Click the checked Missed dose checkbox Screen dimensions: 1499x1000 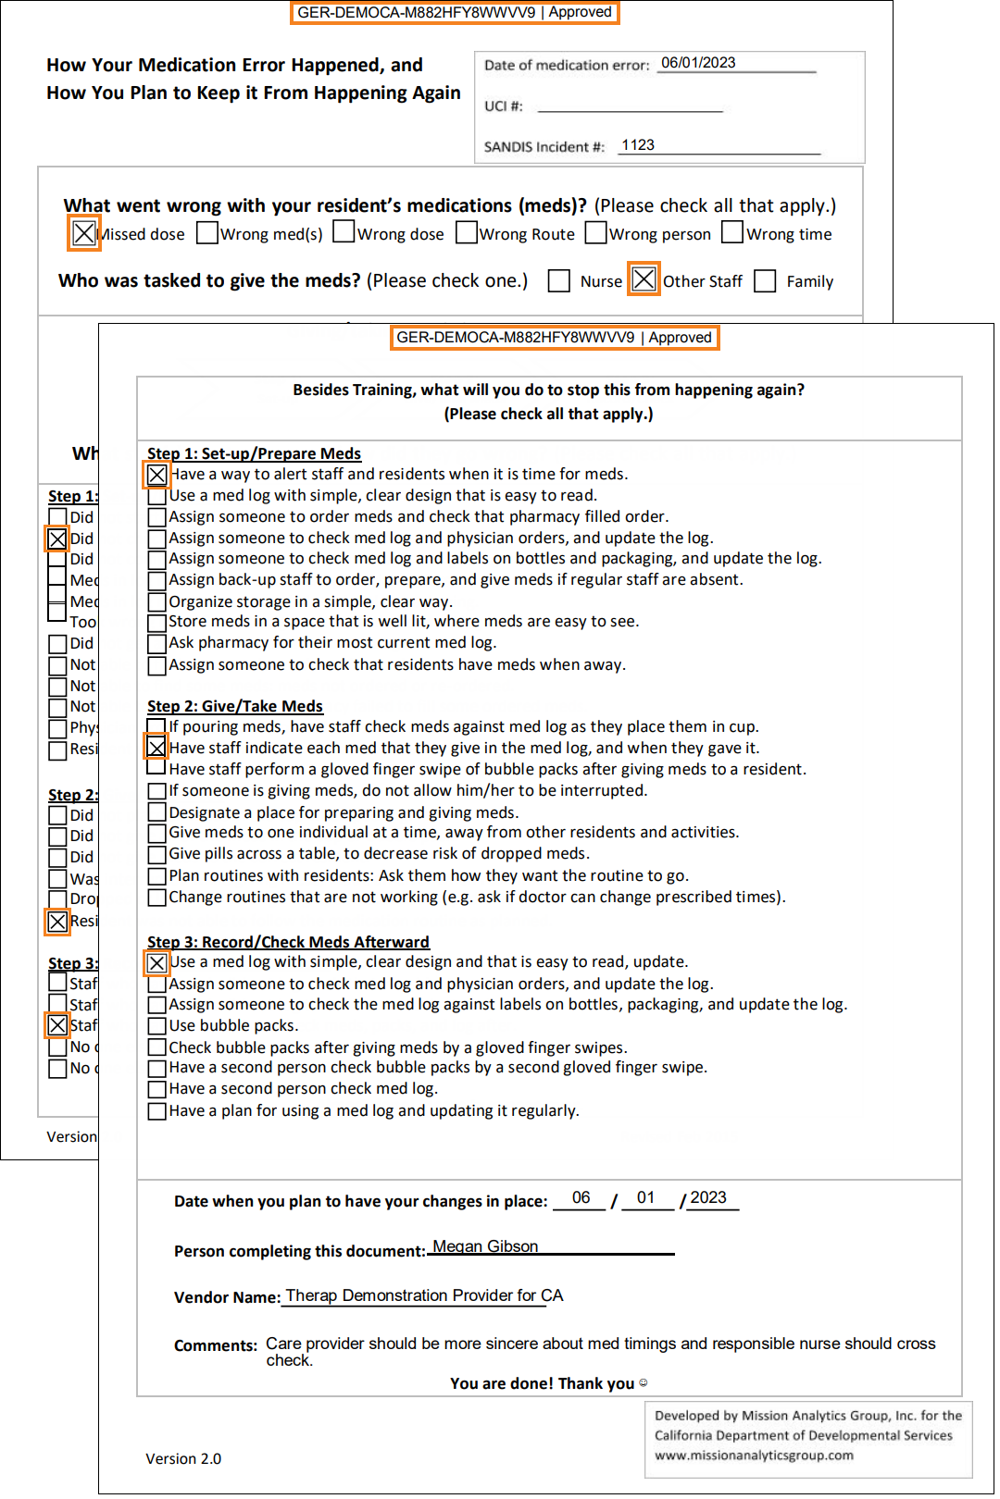[x=83, y=233]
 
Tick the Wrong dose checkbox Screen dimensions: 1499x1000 [x=344, y=231]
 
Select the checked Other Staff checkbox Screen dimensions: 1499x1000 [x=644, y=279]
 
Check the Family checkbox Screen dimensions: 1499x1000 [x=765, y=280]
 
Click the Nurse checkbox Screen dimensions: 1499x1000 [x=558, y=280]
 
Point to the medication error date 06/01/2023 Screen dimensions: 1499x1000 [x=698, y=63]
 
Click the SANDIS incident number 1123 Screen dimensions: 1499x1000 [x=638, y=145]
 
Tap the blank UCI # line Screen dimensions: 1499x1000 [x=630, y=106]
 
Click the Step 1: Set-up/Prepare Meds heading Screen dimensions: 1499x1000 [x=254, y=453]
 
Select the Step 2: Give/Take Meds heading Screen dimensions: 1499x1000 [x=235, y=706]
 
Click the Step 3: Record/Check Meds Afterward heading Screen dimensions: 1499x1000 [x=288, y=942]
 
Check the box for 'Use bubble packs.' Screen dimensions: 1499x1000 [x=157, y=1025]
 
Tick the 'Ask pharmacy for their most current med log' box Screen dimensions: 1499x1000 [x=157, y=643]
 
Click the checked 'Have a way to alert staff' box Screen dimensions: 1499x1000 [x=157, y=475]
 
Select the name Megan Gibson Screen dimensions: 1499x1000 [x=485, y=1246]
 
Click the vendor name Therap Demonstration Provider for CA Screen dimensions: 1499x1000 [x=424, y=1295]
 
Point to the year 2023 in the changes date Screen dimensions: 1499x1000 [x=708, y=1197]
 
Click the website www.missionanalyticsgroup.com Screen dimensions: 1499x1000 [x=754, y=1456]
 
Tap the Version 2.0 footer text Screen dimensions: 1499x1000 [x=183, y=1459]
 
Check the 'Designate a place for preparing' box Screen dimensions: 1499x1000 [x=157, y=812]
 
